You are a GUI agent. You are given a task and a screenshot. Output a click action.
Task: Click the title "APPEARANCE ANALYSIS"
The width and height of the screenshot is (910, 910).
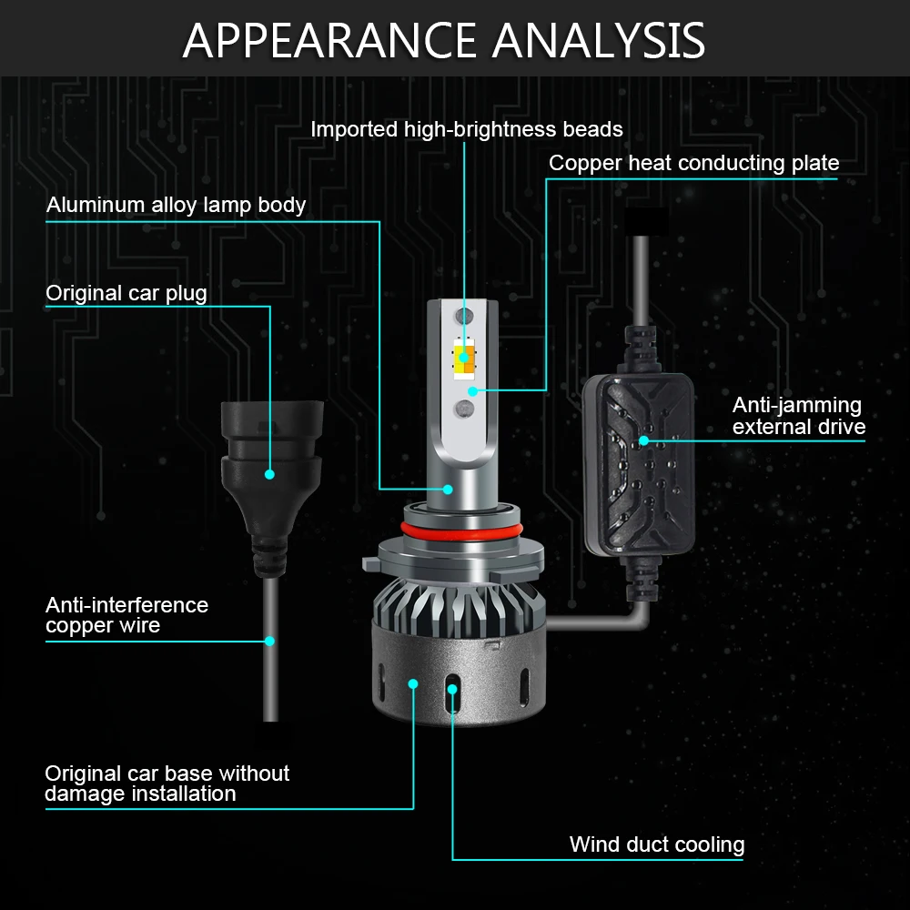pyautogui.click(x=444, y=40)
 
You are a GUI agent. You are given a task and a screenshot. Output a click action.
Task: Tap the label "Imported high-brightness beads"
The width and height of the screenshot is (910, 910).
pyautogui.click(x=467, y=129)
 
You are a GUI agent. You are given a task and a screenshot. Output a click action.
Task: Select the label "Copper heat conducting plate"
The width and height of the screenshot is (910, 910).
pyautogui.click(x=694, y=163)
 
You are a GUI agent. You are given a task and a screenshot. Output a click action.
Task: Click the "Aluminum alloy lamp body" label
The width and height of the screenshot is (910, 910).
pyautogui.click(x=176, y=205)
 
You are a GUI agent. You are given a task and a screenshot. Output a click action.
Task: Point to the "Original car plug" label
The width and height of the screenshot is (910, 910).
pyautogui.click(x=126, y=293)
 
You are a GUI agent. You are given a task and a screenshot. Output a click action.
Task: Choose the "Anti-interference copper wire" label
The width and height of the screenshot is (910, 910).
pyautogui.click(x=126, y=615)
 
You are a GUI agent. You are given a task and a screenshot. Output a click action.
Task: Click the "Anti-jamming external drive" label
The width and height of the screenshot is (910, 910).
pyautogui.click(x=799, y=416)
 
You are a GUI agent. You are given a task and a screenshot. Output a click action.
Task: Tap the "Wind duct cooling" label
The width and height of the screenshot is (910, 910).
pyautogui.click(x=657, y=844)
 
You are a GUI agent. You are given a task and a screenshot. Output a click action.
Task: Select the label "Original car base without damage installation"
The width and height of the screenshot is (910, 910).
pyautogui.click(x=167, y=784)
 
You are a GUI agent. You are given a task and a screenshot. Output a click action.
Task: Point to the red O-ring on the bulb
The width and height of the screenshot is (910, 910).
pyautogui.click(x=462, y=530)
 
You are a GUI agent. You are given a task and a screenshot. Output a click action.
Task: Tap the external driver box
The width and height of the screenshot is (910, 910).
pyautogui.click(x=639, y=464)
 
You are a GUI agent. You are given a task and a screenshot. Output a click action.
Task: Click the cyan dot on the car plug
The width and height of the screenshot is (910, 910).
pyautogui.click(x=269, y=474)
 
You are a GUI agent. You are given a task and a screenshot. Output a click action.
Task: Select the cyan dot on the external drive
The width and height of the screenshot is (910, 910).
pyautogui.click(x=643, y=441)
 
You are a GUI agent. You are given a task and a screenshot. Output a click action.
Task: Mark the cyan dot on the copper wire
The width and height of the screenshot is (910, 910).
pyautogui.click(x=269, y=642)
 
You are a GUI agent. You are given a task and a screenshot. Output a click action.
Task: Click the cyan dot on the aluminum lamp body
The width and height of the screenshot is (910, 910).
pyautogui.click(x=448, y=490)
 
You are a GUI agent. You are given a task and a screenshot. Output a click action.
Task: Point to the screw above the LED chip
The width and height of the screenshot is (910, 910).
pyautogui.click(x=464, y=317)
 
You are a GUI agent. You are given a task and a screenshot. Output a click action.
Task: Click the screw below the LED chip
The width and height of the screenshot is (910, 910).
pyautogui.click(x=464, y=409)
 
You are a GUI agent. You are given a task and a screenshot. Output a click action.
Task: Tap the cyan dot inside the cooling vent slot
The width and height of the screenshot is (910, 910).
pyautogui.click(x=452, y=689)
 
